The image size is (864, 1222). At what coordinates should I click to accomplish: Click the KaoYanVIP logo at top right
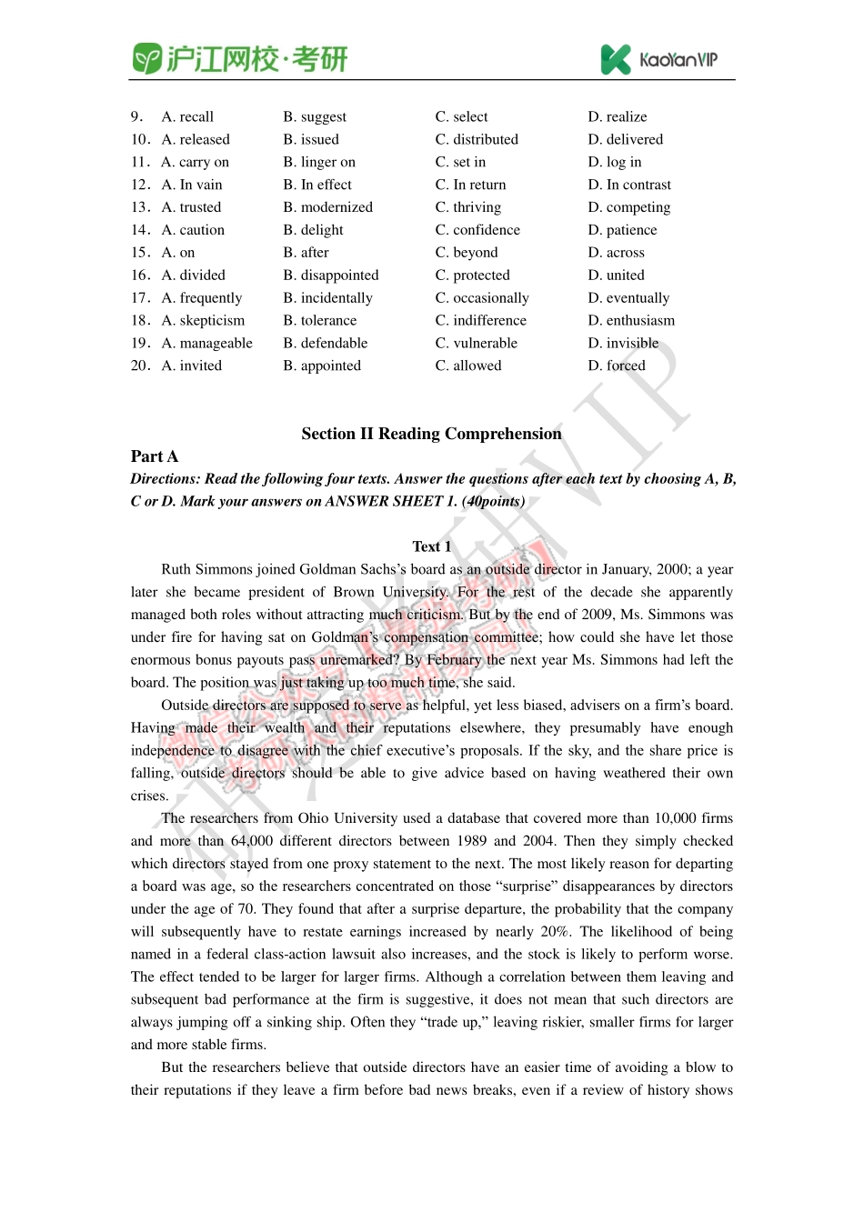tap(658, 60)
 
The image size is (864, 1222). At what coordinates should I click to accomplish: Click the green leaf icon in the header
tap(146, 59)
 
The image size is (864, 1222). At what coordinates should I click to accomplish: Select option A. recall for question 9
tap(187, 116)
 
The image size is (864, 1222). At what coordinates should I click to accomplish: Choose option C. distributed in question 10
tap(477, 139)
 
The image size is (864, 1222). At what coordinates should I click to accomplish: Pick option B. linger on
tap(319, 162)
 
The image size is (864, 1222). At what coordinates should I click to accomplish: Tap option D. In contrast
tap(629, 185)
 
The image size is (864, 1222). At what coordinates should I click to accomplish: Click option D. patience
tap(622, 230)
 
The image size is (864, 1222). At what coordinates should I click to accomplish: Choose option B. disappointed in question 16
tap(331, 275)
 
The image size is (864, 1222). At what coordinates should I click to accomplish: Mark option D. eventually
tap(628, 297)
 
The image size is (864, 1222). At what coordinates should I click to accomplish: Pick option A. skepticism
tap(203, 320)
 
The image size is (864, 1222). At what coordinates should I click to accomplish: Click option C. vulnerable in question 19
tap(477, 343)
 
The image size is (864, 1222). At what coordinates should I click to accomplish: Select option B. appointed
tap(322, 366)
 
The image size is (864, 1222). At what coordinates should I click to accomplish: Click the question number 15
tap(140, 252)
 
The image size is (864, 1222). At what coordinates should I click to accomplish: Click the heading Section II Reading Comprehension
tap(431, 434)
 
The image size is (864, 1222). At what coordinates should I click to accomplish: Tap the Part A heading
tap(155, 456)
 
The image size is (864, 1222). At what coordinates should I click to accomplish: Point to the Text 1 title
tap(431, 546)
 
